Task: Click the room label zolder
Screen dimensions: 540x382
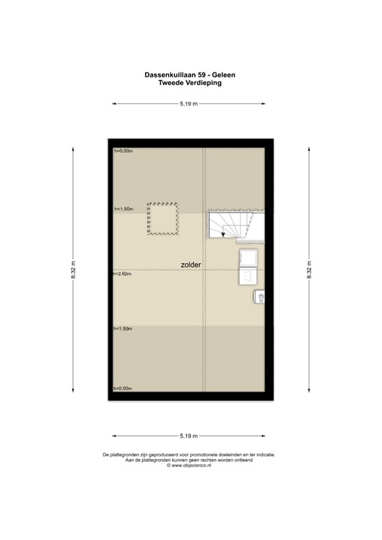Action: point(191,265)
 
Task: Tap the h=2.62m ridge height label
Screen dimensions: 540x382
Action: point(123,274)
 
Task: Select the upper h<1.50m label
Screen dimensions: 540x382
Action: point(124,209)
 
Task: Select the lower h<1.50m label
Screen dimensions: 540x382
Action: point(124,328)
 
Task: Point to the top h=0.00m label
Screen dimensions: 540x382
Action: point(124,150)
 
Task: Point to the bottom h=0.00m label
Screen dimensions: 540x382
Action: point(124,389)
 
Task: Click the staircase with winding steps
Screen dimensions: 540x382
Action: point(232,225)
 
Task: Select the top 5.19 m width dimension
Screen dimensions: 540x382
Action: point(189,104)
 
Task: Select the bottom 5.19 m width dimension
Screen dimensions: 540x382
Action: point(189,435)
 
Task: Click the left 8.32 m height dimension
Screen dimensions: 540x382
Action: point(72,270)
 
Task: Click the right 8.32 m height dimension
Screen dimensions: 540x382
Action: point(308,270)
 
